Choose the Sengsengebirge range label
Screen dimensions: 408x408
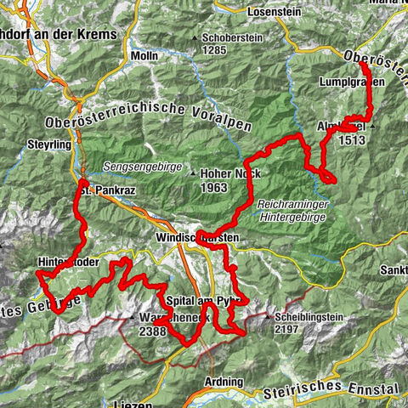[x=143, y=167]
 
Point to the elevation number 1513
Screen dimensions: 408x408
[x=352, y=141]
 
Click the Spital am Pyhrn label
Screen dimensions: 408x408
[x=207, y=301]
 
